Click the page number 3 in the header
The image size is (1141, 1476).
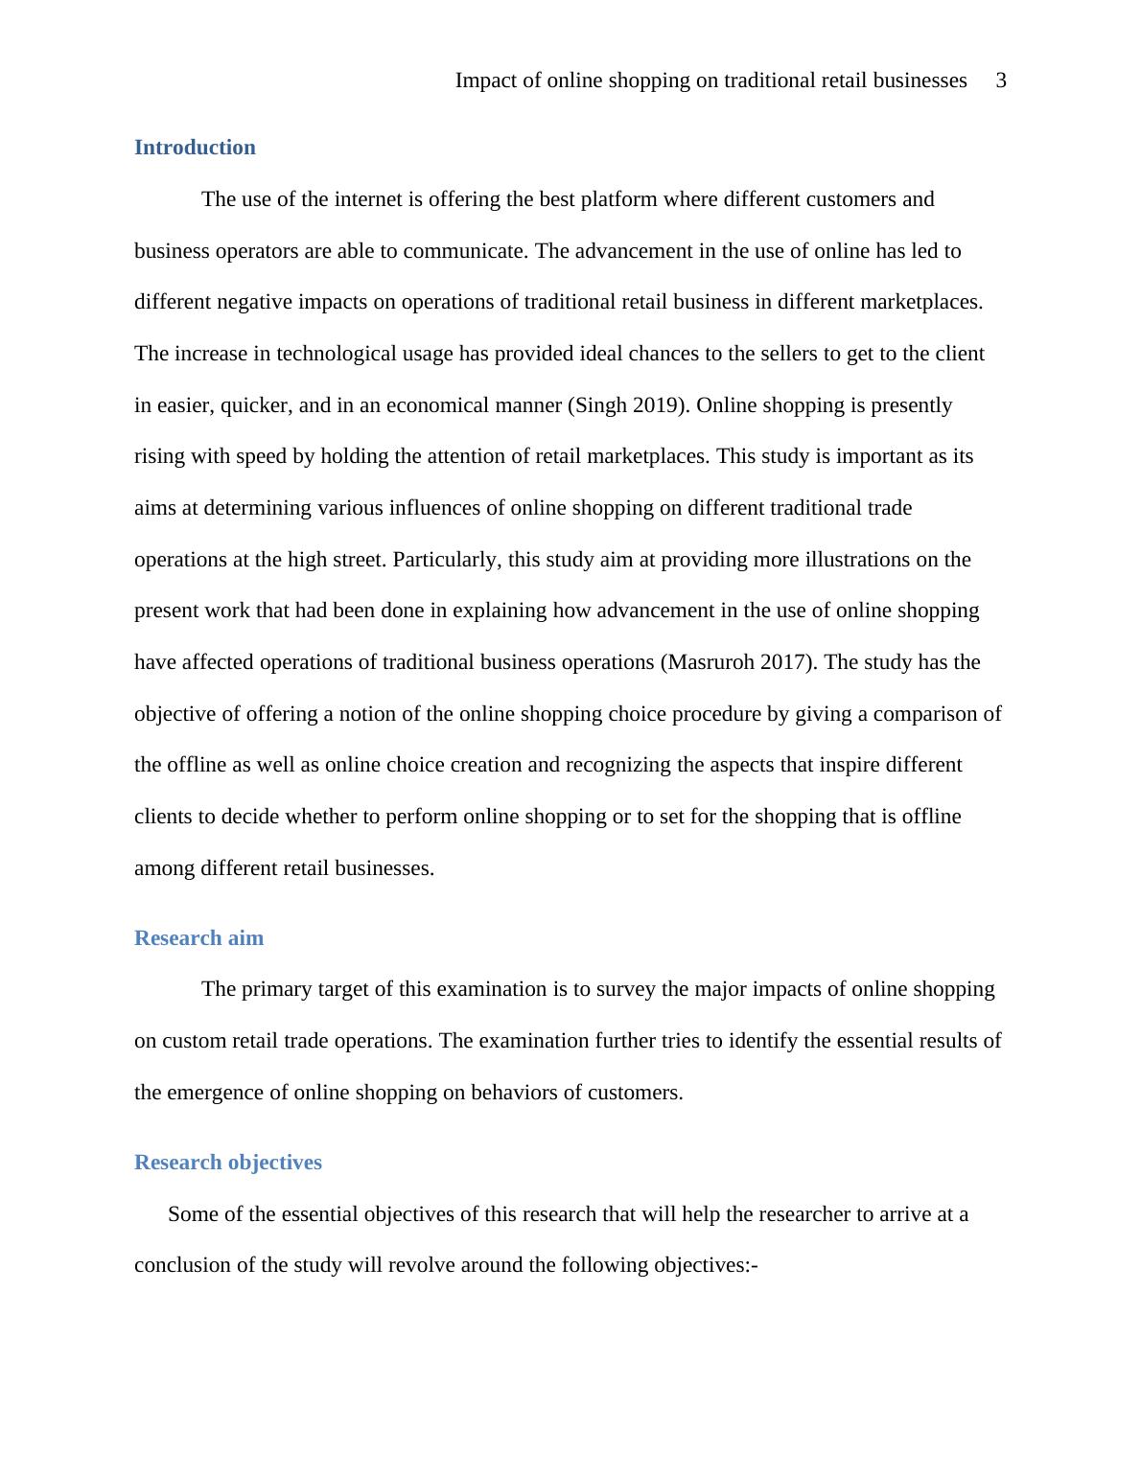(1001, 81)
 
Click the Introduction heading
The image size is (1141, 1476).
(195, 148)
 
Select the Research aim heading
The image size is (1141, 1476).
(198, 938)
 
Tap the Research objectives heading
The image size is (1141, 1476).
(228, 1163)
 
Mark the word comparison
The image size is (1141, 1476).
(929, 714)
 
